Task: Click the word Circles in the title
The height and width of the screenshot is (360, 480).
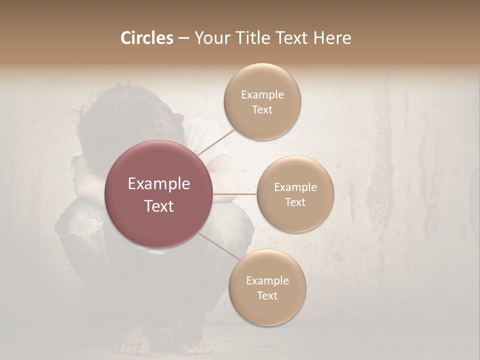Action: pyautogui.click(x=146, y=38)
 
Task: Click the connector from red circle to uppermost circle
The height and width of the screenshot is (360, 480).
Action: pyautogui.click(x=216, y=142)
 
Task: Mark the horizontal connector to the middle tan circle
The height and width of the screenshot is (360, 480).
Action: pyautogui.click(x=234, y=194)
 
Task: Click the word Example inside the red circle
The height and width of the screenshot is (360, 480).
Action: pyautogui.click(x=159, y=184)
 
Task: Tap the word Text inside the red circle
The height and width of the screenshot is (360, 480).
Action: pyautogui.click(x=159, y=205)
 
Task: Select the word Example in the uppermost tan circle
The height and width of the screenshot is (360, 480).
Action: pyautogui.click(x=262, y=94)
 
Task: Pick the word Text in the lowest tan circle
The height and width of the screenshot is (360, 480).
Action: pyautogui.click(x=267, y=295)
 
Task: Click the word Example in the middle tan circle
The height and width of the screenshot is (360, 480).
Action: pyautogui.click(x=295, y=187)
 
